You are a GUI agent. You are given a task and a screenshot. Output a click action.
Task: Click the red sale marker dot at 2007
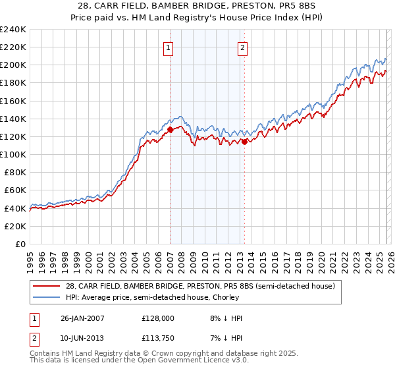click(170, 130)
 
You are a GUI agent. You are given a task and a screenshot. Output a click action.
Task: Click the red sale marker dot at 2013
click(244, 141)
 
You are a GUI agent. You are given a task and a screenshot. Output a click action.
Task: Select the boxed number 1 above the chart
click(169, 47)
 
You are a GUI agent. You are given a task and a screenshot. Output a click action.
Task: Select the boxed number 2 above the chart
click(243, 47)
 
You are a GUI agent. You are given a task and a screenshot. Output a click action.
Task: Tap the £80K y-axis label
click(14, 172)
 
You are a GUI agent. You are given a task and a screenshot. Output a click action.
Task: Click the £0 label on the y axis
click(20, 244)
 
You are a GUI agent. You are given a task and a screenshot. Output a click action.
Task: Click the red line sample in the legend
click(47, 286)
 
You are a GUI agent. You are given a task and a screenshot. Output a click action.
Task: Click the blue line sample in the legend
click(47, 297)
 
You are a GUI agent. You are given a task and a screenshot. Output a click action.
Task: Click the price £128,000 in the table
click(157, 318)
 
